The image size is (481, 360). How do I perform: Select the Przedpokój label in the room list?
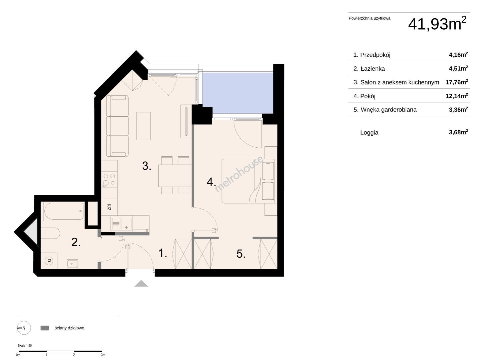(x=375, y=55)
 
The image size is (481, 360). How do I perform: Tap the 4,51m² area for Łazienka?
(x=458, y=68)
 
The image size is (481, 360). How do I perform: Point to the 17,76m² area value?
(x=457, y=82)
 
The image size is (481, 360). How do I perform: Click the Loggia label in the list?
(x=369, y=132)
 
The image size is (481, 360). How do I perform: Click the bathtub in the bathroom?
(x=64, y=211)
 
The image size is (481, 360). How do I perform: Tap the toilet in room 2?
(x=50, y=233)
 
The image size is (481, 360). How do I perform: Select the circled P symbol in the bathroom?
(x=49, y=261)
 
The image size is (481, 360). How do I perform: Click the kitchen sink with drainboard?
(x=121, y=224)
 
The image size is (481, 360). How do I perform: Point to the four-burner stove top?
(x=109, y=180)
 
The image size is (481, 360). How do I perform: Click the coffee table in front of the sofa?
(x=143, y=126)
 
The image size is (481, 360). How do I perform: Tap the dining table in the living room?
(x=175, y=176)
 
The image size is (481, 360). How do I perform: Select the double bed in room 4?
(x=248, y=181)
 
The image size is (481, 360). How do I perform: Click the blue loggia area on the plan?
(x=237, y=93)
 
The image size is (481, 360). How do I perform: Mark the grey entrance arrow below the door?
(x=141, y=283)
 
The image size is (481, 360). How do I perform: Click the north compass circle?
(x=24, y=328)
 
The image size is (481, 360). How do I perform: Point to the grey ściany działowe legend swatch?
(x=45, y=328)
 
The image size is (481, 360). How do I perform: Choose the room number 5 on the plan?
(x=240, y=254)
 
